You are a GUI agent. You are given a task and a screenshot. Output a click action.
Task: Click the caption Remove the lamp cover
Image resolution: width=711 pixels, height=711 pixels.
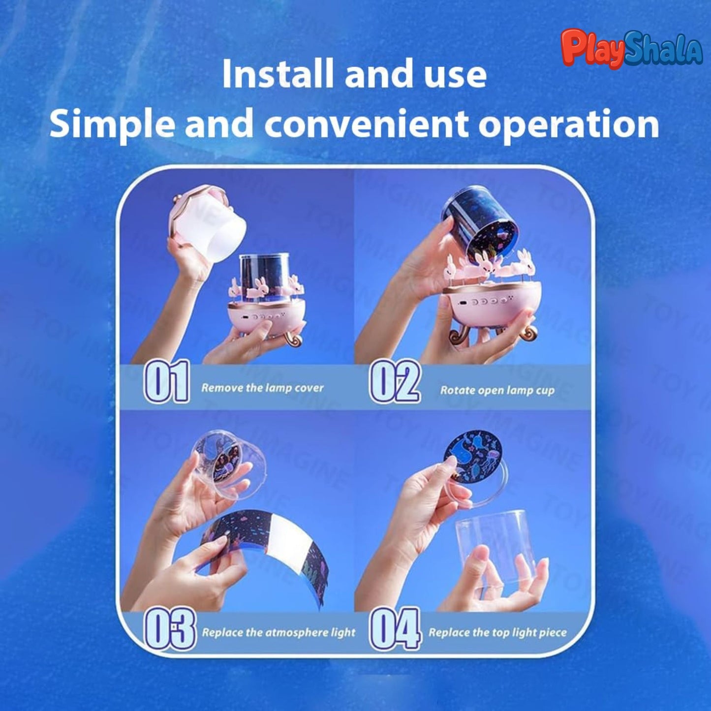click(262, 388)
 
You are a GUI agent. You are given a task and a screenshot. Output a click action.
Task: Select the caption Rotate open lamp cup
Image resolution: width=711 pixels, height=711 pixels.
click(497, 390)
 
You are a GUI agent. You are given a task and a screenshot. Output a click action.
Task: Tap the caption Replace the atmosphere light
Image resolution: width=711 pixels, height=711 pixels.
click(278, 632)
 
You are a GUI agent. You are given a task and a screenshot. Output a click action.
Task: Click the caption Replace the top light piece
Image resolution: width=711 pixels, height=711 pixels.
click(497, 632)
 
